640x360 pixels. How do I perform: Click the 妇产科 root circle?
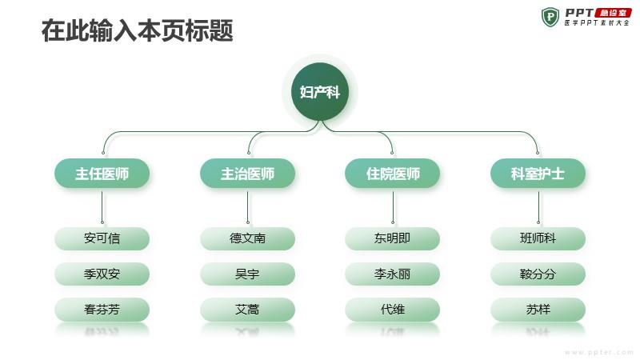pyautogui.click(x=320, y=91)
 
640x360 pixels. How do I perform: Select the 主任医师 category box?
pyautogui.click(x=102, y=174)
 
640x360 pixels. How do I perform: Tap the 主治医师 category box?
pyautogui.click(x=247, y=174)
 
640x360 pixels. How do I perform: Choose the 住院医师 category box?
pyautogui.click(x=392, y=174)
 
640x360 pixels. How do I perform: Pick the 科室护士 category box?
pyautogui.click(x=538, y=174)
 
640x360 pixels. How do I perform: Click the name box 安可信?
pyautogui.click(x=102, y=238)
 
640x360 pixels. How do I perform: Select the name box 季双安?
pyautogui.click(x=102, y=274)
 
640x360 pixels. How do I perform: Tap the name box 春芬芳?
pyautogui.click(x=102, y=310)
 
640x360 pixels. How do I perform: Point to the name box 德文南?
pyautogui.click(x=247, y=238)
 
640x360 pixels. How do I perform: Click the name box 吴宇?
pyautogui.click(x=247, y=274)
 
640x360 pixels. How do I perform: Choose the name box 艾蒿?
pyautogui.click(x=247, y=310)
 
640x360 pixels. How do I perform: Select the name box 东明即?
pyautogui.click(x=392, y=238)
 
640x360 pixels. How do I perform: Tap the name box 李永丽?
pyautogui.click(x=392, y=274)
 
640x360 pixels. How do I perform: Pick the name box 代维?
pyautogui.click(x=392, y=310)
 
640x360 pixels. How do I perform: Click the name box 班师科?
pyautogui.click(x=538, y=238)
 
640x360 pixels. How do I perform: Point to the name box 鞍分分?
pyautogui.click(x=538, y=274)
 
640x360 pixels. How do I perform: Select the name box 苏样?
pyautogui.click(x=538, y=310)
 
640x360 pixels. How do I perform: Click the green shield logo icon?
pyautogui.click(x=550, y=17)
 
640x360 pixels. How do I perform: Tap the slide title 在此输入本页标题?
pyautogui.click(x=137, y=30)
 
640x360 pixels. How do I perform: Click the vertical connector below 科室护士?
pyautogui.click(x=538, y=207)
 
